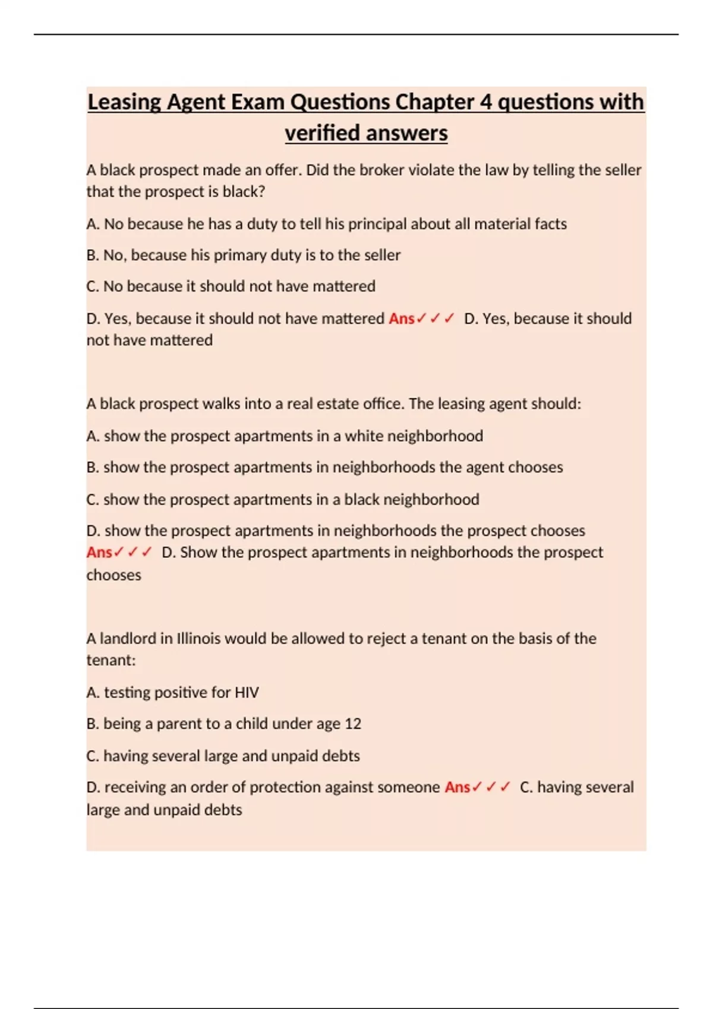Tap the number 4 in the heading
(x=486, y=102)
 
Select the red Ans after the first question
(x=402, y=319)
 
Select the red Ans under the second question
(x=99, y=553)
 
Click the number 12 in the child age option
(x=353, y=724)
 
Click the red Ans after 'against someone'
(x=458, y=787)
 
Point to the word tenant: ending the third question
(x=111, y=660)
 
